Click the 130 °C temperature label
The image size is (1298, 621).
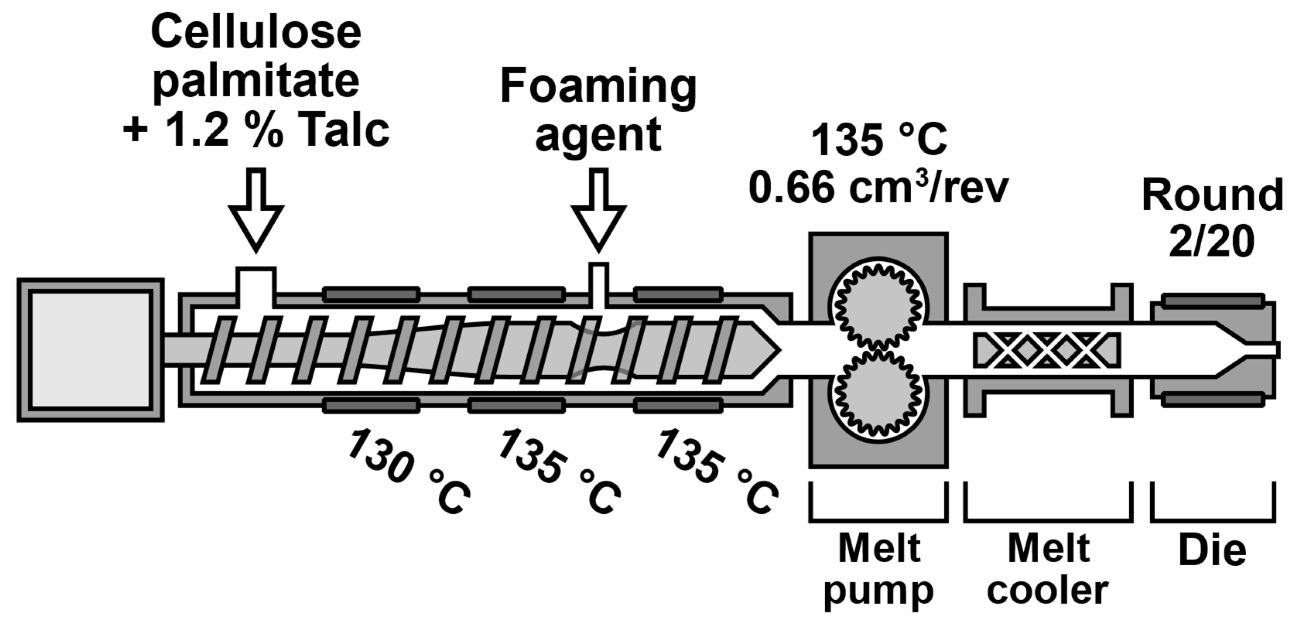click(408, 471)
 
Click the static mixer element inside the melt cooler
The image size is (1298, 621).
click(1047, 350)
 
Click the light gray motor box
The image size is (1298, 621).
click(91, 350)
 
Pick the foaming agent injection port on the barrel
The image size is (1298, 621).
click(599, 285)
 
